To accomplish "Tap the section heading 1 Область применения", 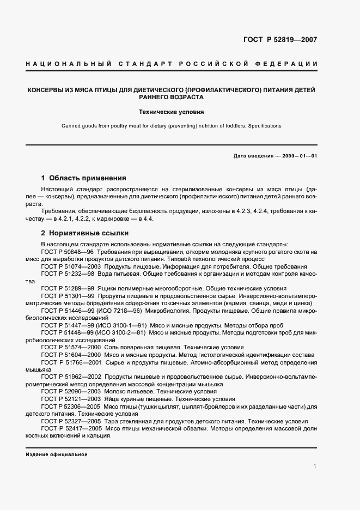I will [x=84, y=178].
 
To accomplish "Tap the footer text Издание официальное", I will [x=57, y=454].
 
